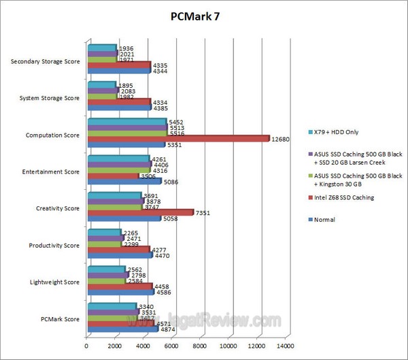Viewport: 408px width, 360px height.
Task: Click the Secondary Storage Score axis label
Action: click(46, 62)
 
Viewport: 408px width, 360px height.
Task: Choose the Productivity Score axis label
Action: click(52, 246)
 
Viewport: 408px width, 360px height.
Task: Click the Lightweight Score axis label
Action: click(54, 282)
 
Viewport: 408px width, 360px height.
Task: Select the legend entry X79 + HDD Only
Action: click(338, 131)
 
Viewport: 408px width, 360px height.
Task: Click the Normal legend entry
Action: click(324, 219)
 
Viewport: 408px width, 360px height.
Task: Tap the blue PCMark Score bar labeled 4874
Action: click(122, 329)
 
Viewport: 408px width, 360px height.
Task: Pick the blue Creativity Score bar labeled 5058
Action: click(123, 218)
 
